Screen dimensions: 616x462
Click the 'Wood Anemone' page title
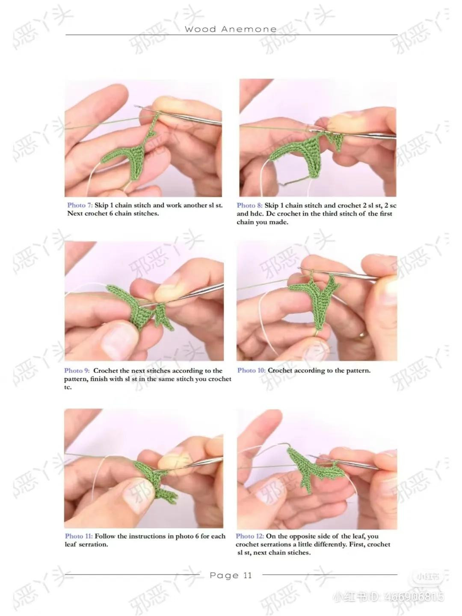point(231,29)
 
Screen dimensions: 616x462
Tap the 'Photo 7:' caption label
point(80,205)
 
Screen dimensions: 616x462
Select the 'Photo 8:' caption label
point(249,205)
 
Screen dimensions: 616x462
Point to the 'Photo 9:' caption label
point(77,370)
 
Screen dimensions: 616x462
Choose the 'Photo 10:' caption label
point(252,370)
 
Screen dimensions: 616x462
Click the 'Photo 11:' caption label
point(79,536)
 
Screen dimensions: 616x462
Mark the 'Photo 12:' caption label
point(250,536)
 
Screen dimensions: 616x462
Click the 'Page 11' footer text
point(231,575)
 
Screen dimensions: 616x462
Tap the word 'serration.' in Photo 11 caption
point(93,544)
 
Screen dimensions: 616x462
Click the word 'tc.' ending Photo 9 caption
point(68,387)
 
